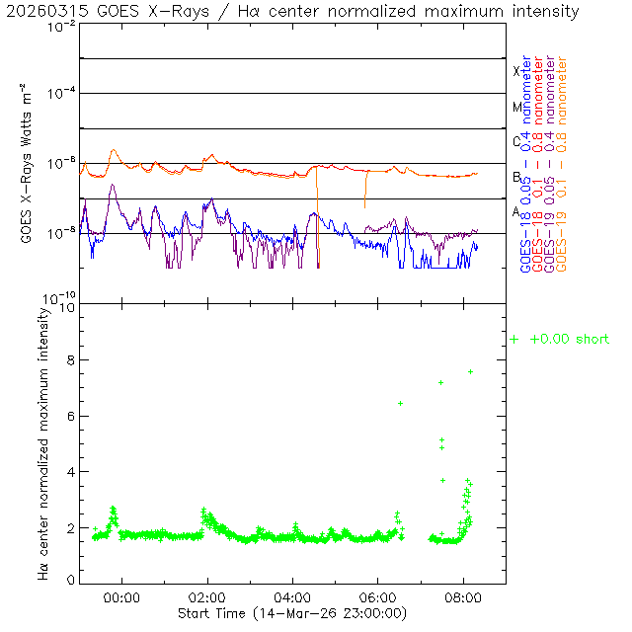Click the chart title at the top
[290, 11]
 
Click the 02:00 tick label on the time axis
[207, 597]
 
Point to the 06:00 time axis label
[378, 597]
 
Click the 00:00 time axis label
[122, 597]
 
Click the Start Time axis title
[291, 613]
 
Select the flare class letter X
[516, 71]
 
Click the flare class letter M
[516, 107]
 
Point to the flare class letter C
[516, 141]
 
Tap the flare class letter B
[516, 177]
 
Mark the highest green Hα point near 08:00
[471, 371]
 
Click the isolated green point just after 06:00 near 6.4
[400, 403]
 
